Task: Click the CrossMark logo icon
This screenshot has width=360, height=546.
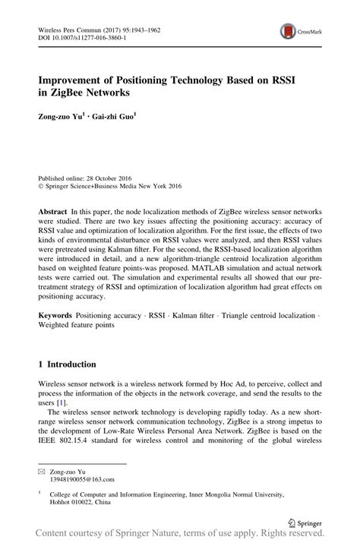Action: [289, 31]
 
